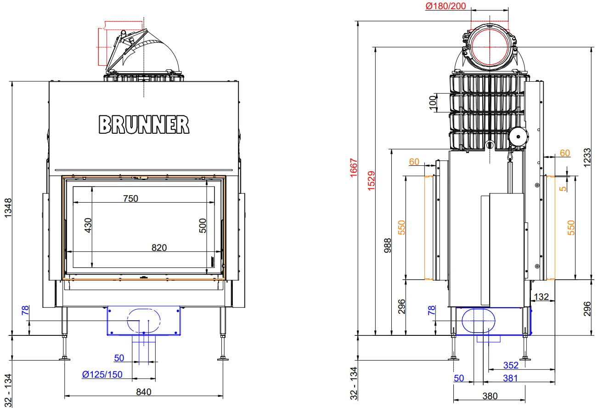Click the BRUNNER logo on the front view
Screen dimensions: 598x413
pyautogui.click(x=144, y=124)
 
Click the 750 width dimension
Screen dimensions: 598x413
pyautogui.click(x=130, y=198)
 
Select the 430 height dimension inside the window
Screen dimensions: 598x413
pyautogui.click(x=88, y=225)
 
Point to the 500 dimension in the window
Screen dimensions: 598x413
pyautogui.click(x=203, y=226)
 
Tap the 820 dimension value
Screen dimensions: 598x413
pyautogui.click(x=159, y=248)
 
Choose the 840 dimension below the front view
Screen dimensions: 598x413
pyautogui.click(x=144, y=392)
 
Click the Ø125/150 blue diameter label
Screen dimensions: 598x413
pyautogui.click(x=102, y=374)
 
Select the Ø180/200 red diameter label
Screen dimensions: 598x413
pyautogui.click(x=446, y=6)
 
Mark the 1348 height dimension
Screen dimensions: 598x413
pyautogui.click(x=8, y=208)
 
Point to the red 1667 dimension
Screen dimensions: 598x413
pyautogui.click(x=354, y=168)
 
